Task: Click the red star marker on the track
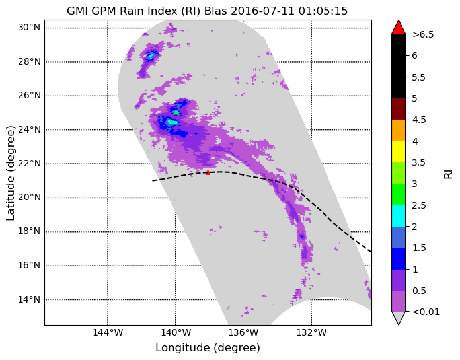pos(208,172)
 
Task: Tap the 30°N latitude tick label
pos(29,28)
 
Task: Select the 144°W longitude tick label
pos(108,332)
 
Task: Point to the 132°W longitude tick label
pos(311,332)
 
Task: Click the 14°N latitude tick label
pos(29,299)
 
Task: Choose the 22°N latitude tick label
pos(29,163)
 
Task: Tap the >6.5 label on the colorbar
pos(423,34)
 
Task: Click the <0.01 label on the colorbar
pos(426,312)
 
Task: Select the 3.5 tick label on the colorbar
pos(418,162)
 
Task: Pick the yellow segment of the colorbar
pos(398,152)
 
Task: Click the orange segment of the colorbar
pos(398,130)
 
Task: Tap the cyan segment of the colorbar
pos(398,216)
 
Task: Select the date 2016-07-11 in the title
pos(262,11)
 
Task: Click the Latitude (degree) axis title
pos(10,173)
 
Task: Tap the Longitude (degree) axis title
pos(208,348)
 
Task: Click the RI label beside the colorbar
pos(449,173)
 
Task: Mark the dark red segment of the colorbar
pos(398,109)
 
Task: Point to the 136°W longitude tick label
pos(243,332)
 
